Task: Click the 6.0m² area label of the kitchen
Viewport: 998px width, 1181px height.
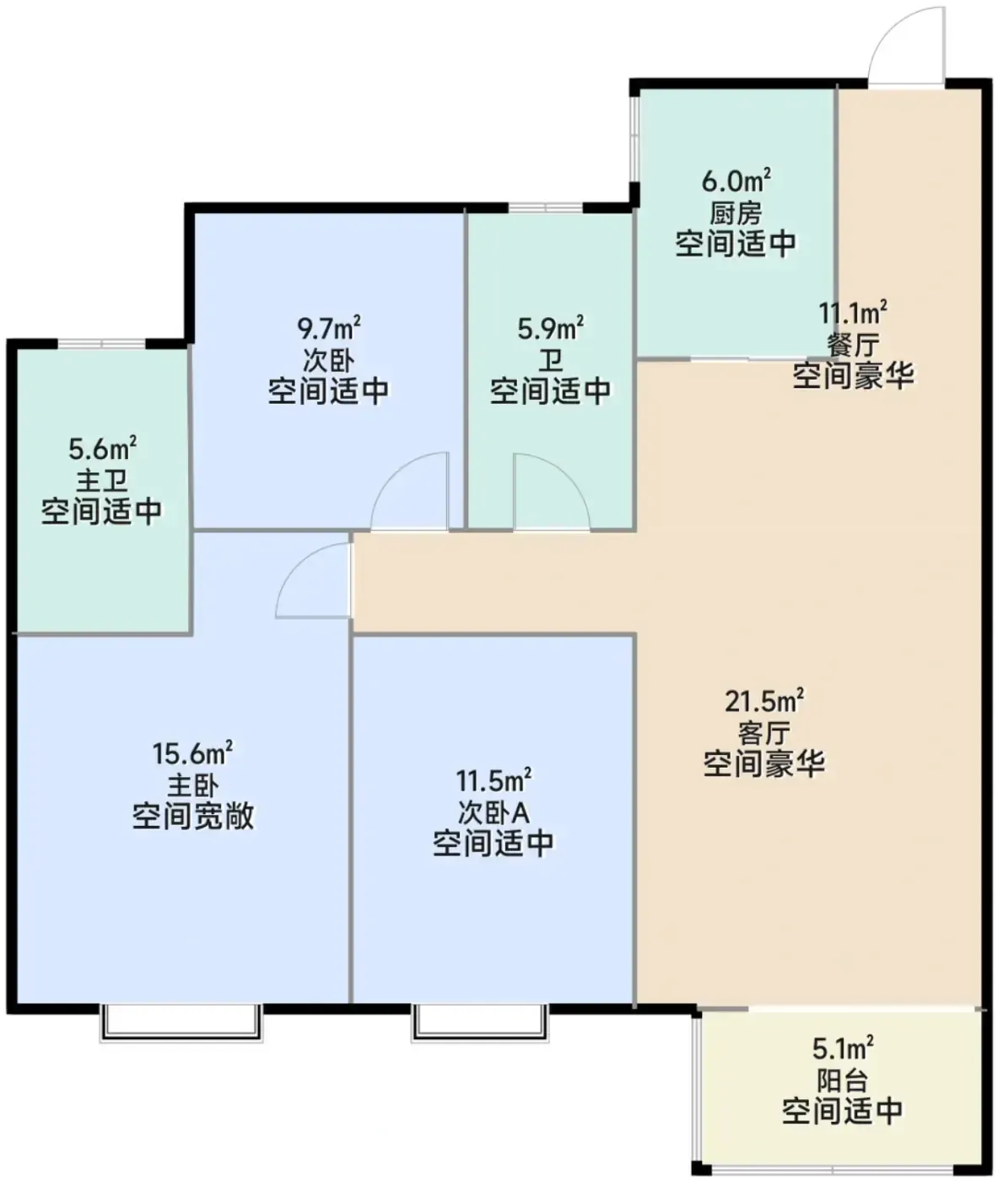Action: tap(736, 181)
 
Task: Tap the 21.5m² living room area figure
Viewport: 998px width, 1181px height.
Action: tap(764, 701)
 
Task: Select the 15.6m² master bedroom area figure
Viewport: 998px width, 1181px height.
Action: tap(192, 753)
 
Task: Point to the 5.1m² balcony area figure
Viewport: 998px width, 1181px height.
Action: tap(843, 1049)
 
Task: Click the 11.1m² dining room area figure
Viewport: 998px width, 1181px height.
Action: tap(853, 313)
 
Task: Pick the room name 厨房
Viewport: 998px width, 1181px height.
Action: tap(736, 213)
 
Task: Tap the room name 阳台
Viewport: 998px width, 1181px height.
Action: tap(843, 1081)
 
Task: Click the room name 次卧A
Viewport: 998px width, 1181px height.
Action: tap(494, 813)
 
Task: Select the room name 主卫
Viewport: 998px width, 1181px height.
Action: tap(102, 481)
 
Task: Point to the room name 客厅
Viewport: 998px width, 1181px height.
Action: tap(764, 734)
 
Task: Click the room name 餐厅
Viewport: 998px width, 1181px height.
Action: tap(853, 345)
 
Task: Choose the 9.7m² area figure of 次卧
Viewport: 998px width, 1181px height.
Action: tap(329, 329)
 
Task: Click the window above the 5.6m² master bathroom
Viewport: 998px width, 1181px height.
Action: tap(102, 343)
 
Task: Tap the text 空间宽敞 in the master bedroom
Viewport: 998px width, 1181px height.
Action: tap(193, 817)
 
